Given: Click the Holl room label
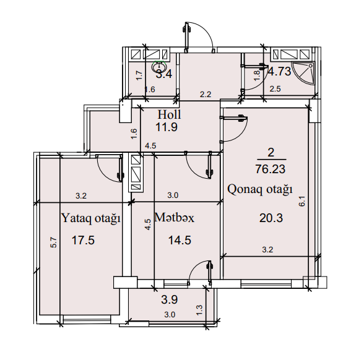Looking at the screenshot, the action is point(169,114).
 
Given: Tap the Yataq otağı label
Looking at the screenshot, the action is point(91,218).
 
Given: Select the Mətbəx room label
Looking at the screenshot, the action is point(175,218).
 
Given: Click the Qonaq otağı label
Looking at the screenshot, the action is point(260,189).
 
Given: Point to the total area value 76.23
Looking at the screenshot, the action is point(270,169).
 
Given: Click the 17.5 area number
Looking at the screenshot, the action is point(83,240).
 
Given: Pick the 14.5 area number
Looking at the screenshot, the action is point(180,240).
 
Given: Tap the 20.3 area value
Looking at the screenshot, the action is point(271,218).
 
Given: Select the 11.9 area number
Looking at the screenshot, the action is point(167,127).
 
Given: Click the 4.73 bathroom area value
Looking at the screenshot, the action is point(280,71).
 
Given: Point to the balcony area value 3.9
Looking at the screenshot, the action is point(170,299).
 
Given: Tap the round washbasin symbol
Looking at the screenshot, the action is point(158,67).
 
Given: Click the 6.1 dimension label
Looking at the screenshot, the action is point(302,201).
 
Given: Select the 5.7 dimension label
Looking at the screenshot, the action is point(53,242).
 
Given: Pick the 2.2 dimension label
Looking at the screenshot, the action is point(206,95).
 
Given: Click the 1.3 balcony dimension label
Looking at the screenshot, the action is point(199,310).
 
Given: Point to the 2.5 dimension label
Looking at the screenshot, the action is point(275,88).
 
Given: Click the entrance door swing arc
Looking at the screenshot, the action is point(204,30).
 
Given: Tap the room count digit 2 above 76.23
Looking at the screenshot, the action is point(271,153).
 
